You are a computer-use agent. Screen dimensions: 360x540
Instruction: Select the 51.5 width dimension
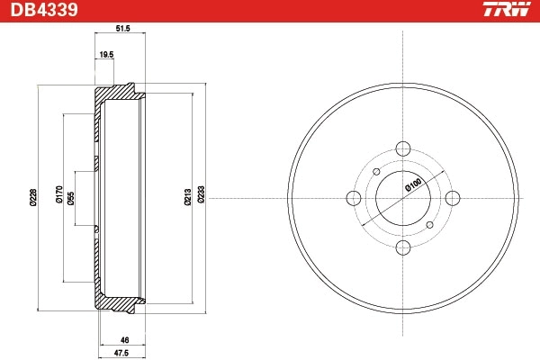(x=124, y=29)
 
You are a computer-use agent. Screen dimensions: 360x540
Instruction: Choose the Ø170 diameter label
(x=58, y=197)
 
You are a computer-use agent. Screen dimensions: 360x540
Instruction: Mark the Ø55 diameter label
(x=71, y=197)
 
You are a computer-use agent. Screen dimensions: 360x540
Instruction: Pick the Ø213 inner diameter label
(x=187, y=197)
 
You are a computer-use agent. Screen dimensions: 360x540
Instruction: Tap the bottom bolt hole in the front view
(x=403, y=247)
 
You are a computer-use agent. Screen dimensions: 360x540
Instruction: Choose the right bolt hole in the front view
(x=453, y=198)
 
